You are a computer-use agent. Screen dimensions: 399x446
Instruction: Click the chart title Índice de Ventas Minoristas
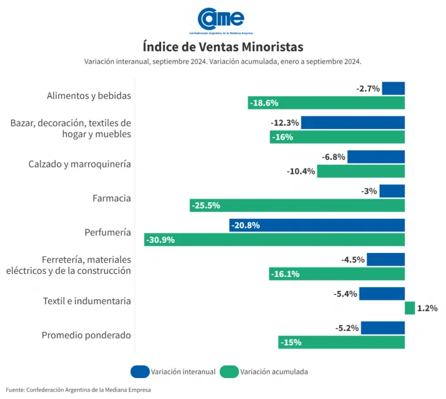222,47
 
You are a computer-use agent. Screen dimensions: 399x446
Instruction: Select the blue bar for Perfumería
316,225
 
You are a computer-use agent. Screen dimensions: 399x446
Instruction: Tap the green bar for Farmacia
297,205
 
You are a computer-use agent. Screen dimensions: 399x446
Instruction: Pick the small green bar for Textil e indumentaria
409,308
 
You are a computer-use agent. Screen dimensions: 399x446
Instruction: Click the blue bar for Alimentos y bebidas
393,89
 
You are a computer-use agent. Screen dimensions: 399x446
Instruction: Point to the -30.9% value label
160,240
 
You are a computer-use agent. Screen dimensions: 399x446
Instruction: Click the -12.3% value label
285,123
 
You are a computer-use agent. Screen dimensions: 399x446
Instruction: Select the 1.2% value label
427,308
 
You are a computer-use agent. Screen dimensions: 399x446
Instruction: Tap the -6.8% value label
333,157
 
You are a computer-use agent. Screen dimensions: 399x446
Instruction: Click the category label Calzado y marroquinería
80,164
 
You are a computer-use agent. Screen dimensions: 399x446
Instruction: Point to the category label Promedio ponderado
86,335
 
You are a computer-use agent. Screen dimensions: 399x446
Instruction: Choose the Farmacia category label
111,198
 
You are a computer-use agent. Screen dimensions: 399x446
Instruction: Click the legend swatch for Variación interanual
140,372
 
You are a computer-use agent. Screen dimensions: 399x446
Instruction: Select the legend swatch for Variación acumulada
229,372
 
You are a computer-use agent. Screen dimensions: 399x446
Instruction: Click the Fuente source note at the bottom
79,390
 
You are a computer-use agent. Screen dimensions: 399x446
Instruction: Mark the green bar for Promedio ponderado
341,342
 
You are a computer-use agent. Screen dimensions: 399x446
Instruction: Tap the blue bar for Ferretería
385,259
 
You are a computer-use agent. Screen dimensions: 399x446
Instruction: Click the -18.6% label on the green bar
264,102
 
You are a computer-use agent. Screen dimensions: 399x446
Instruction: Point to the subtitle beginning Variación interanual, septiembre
222,61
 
